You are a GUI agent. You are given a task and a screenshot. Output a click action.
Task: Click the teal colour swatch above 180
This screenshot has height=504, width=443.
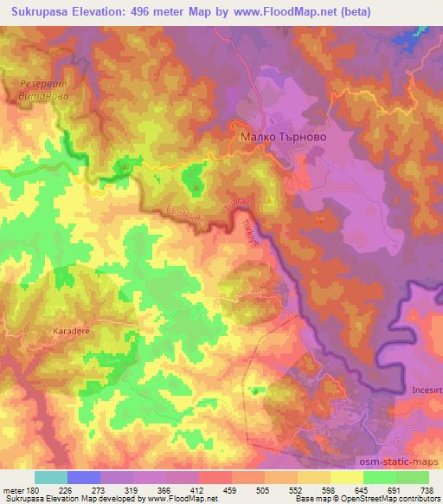coord(50,477)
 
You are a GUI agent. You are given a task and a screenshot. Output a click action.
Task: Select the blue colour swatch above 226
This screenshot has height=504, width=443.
coord(83,477)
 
